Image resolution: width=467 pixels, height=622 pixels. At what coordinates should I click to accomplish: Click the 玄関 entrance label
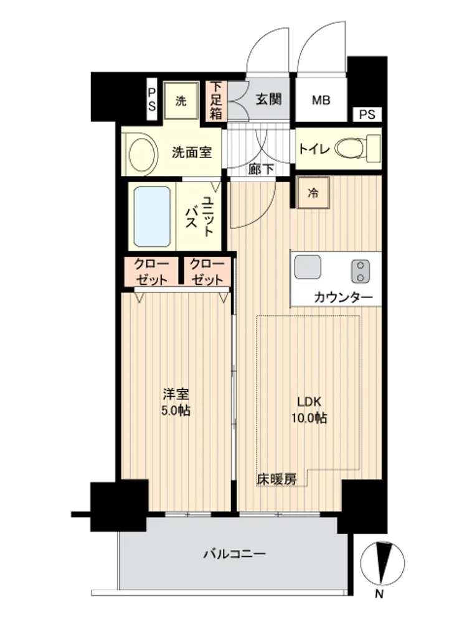click(x=269, y=99)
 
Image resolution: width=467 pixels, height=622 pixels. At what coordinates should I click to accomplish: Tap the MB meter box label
click(x=321, y=100)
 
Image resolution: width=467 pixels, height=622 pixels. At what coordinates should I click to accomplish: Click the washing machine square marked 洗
click(x=181, y=101)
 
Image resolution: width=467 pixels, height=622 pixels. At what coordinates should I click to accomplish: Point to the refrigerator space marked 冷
click(x=313, y=193)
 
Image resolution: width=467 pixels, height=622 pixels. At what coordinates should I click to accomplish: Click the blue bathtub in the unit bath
click(x=152, y=216)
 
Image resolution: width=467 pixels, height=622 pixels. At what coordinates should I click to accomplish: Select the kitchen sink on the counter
click(x=308, y=267)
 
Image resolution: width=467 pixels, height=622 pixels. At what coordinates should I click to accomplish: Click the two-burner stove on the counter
click(x=361, y=271)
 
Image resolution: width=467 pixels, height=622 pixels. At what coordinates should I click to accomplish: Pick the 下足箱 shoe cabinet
click(x=216, y=101)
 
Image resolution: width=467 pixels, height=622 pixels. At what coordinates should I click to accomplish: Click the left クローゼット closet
click(x=151, y=272)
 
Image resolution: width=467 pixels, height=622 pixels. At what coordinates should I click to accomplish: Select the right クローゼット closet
click(x=207, y=272)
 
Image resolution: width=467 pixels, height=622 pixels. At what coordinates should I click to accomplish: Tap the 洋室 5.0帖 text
click(x=176, y=402)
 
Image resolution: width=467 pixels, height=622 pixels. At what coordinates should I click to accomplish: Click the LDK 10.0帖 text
click(x=309, y=410)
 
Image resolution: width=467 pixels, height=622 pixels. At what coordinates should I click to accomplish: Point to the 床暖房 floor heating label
click(x=277, y=479)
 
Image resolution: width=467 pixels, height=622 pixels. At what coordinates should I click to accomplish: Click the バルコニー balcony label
click(x=234, y=554)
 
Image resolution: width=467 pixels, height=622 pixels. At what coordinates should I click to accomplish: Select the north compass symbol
click(x=382, y=564)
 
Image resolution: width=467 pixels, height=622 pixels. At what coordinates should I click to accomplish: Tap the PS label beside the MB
click(x=367, y=114)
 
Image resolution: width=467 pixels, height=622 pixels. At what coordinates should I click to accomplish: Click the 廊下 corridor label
click(x=261, y=169)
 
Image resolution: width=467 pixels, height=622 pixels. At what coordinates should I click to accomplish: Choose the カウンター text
click(x=343, y=297)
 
